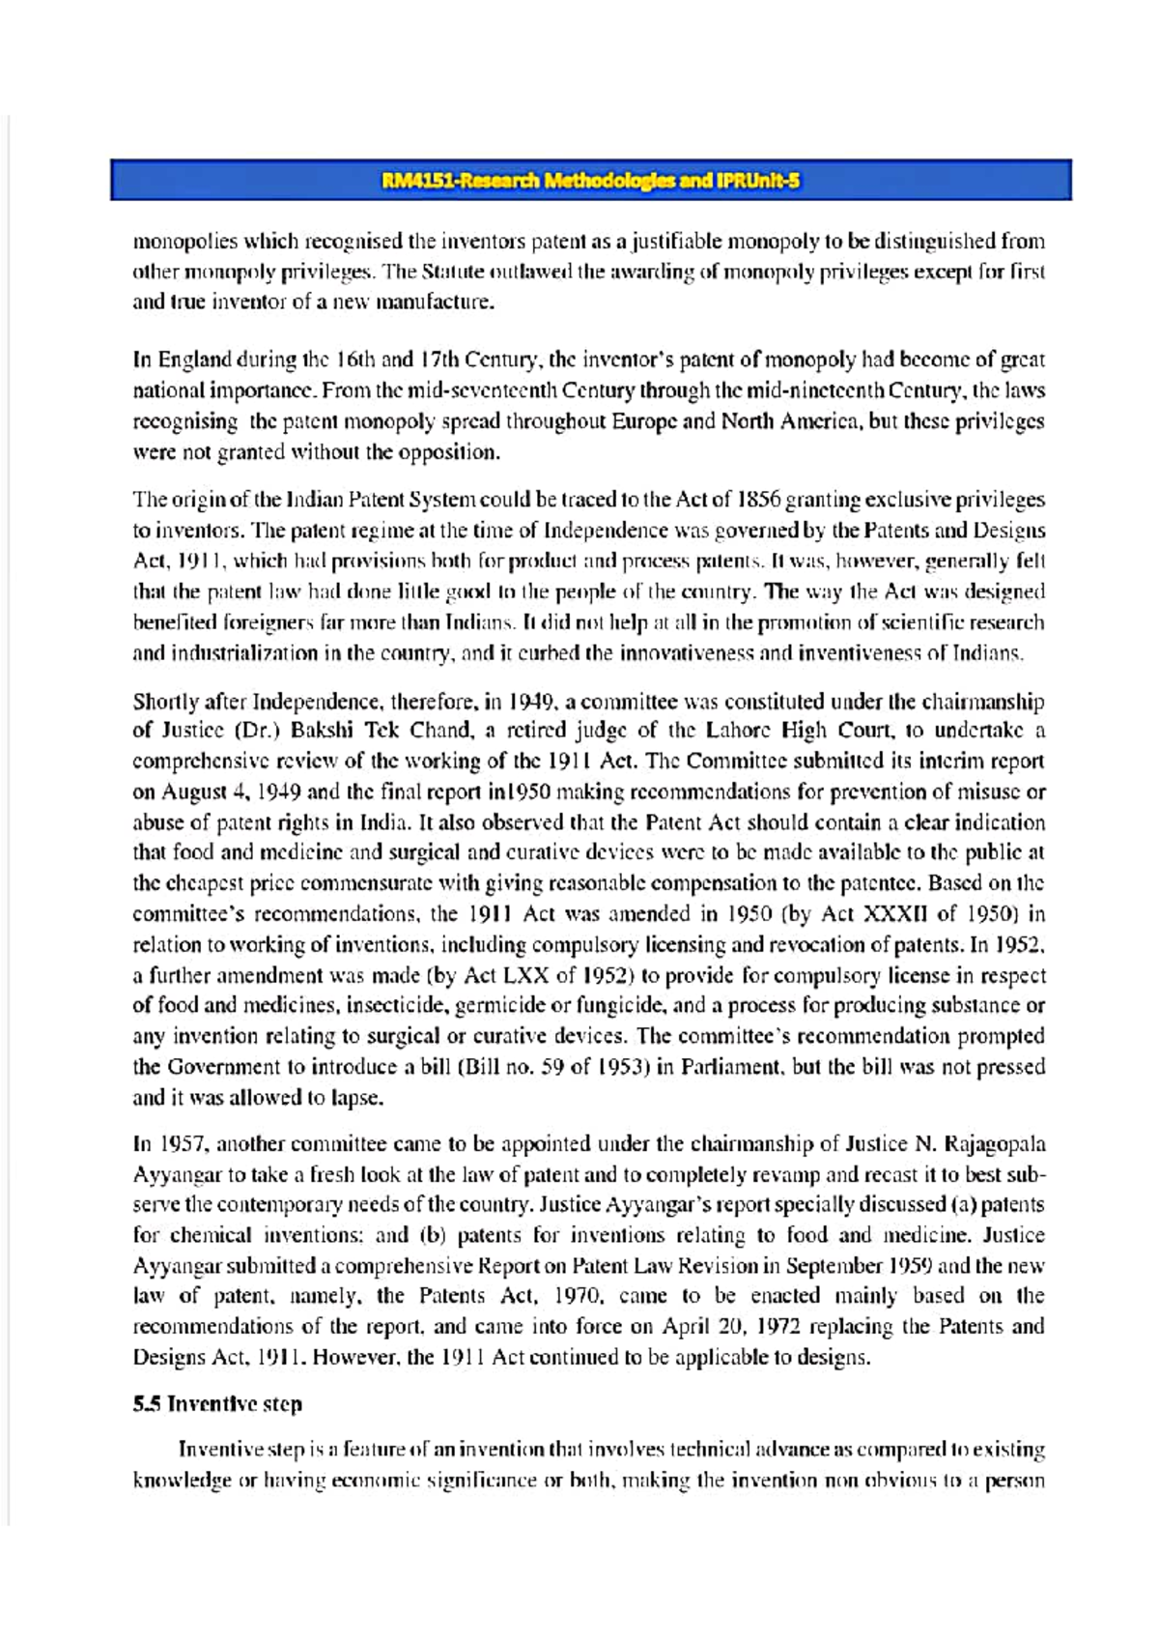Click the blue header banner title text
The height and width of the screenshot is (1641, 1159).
(x=590, y=181)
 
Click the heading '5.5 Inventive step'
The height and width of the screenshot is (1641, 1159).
(x=217, y=1403)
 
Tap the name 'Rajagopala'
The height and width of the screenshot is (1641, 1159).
(x=993, y=1144)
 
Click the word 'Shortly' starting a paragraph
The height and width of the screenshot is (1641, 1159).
(x=165, y=701)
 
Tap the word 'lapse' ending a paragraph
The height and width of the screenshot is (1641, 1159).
(x=356, y=1098)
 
